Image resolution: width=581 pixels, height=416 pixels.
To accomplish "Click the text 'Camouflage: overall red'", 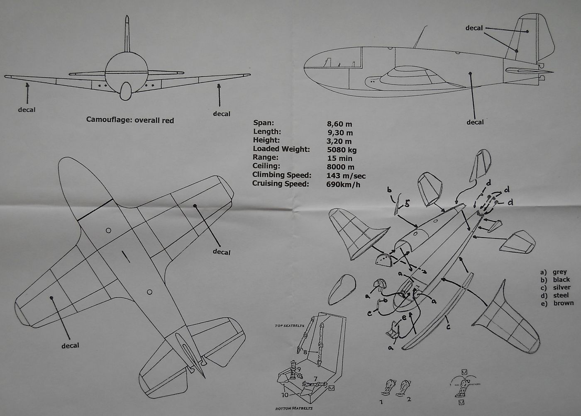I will click(x=130, y=120).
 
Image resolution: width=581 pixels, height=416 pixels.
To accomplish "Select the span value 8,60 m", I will click(x=339, y=124).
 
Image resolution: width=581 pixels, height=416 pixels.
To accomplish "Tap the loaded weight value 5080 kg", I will click(x=342, y=149).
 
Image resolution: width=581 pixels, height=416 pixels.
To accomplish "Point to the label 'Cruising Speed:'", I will click(x=281, y=184).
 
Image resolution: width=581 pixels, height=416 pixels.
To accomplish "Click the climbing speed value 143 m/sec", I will click(x=346, y=175).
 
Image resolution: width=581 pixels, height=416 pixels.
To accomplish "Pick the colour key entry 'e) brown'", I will click(x=557, y=303).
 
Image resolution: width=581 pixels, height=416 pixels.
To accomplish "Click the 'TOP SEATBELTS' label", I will click(x=289, y=326).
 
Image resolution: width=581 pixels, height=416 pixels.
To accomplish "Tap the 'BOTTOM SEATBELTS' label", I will click(x=294, y=409).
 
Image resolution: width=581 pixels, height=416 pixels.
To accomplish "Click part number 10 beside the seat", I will click(x=285, y=394).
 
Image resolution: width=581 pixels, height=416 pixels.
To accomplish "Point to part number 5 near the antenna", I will click(x=407, y=204).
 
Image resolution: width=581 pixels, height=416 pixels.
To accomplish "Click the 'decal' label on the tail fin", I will click(x=474, y=28).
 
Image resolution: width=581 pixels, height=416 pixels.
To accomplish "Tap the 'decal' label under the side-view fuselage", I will click(x=475, y=122).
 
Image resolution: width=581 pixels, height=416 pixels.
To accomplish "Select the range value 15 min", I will click(x=339, y=158).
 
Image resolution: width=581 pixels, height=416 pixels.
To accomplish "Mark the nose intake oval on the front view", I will click(x=125, y=91).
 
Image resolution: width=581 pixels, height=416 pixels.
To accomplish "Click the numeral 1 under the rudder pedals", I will click(x=381, y=402).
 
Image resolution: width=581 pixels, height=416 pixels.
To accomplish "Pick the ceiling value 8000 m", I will click(x=340, y=167).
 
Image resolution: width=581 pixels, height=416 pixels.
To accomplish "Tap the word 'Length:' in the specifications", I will click(x=267, y=132).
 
